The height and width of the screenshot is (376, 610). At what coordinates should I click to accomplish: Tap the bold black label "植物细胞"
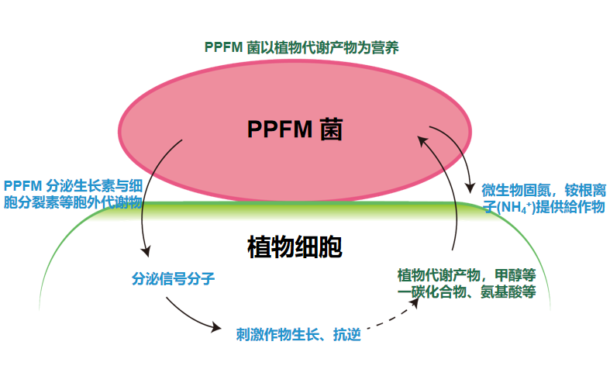click(x=295, y=247)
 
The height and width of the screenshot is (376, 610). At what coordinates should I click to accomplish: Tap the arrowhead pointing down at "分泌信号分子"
click(x=145, y=251)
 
